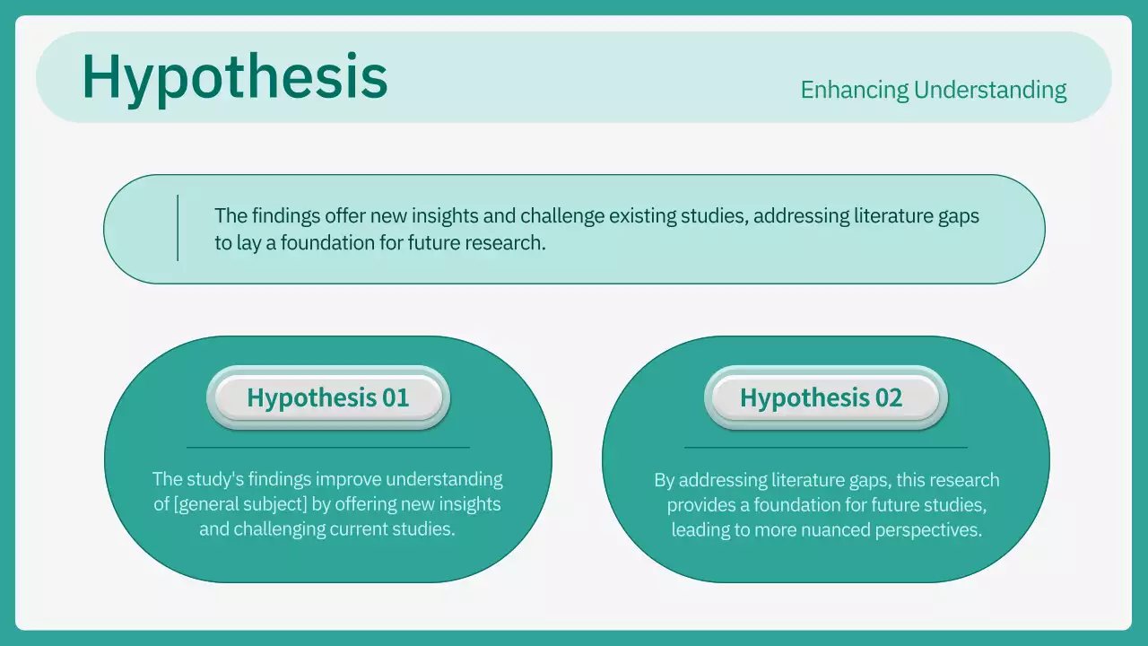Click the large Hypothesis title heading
click(234, 77)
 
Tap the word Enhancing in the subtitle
click(853, 90)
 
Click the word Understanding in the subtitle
click(990, 90)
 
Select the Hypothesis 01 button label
click(327, 397)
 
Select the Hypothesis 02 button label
click(821, 397)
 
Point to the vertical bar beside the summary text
click(178, 228)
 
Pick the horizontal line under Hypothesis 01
click(327, 447)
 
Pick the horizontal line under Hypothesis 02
click(825, 447)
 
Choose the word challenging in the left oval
click(278, 529)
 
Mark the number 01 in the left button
click(396, 397)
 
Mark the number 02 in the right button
click(889, 397)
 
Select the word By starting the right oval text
click(664, 480)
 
